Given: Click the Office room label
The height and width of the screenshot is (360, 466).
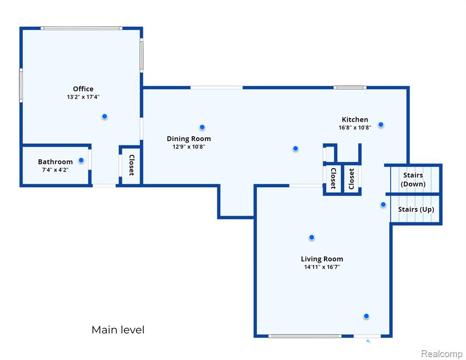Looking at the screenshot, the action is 83,89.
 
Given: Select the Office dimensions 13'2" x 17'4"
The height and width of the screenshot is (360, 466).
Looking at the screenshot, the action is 83,97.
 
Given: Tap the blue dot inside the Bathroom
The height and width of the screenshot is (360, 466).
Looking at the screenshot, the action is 81,160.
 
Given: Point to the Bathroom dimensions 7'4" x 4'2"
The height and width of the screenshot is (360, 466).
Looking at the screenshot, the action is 55,170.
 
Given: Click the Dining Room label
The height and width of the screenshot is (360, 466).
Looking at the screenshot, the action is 189,139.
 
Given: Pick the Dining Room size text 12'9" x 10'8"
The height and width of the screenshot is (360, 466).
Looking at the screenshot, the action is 189,147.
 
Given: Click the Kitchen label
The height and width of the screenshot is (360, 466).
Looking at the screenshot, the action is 355,120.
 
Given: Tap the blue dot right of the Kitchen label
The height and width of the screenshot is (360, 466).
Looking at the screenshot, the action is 381,125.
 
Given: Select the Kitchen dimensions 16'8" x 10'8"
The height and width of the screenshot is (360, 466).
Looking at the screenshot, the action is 355,127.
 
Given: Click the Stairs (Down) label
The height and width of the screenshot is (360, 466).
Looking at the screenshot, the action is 413,180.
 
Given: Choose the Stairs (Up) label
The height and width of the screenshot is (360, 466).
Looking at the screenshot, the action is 416,210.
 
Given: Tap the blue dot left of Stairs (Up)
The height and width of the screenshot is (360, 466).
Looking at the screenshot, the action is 383,204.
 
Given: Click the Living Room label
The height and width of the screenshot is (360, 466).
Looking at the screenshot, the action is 322,259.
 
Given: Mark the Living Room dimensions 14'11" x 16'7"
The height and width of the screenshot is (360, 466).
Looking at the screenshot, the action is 322,267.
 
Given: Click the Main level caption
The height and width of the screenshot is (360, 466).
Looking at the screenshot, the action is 118,330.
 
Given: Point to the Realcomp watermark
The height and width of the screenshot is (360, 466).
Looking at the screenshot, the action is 442,354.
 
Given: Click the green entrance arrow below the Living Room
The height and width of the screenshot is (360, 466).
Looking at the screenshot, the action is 368,341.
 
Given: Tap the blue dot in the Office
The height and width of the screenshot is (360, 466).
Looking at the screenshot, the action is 105,116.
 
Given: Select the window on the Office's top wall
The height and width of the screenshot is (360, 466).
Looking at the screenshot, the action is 82,28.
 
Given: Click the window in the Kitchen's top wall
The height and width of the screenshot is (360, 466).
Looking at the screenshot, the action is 350,87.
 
